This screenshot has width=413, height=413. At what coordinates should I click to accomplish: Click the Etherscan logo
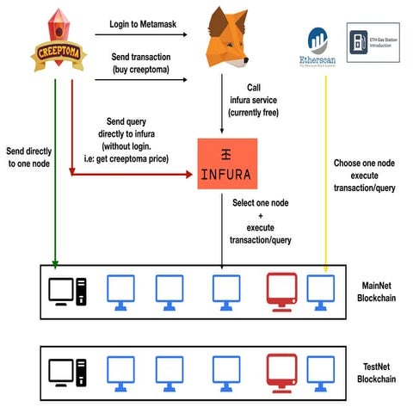click(317, 47)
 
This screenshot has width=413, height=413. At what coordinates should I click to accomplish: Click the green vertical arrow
click(55, 172)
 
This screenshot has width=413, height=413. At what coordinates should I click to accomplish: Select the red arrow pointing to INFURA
click(129, 173)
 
